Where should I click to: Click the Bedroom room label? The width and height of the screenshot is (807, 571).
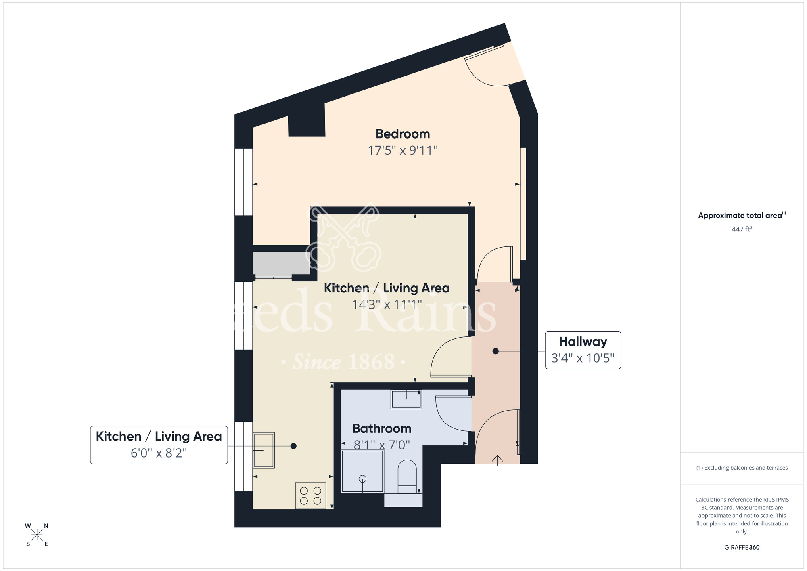click(402, 134)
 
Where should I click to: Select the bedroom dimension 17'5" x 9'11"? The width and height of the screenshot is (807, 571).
click(402, 151)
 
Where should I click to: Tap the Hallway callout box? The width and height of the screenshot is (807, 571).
click(583, 350)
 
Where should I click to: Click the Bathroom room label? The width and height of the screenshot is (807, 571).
click(382, 428)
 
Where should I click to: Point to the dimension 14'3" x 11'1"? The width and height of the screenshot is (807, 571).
click(387, 304)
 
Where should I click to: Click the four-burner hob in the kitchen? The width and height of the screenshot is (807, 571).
click(310, 495)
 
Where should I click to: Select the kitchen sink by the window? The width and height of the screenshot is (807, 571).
click(263, 450)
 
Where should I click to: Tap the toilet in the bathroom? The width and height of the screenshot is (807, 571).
click(407, 476)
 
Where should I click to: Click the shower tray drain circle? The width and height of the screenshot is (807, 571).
click(362, 479)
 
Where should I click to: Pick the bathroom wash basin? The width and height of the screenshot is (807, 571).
click(406, 399)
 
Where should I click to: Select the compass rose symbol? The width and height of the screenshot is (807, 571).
click(37, 535)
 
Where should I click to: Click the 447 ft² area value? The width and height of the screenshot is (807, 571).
click(742, 229)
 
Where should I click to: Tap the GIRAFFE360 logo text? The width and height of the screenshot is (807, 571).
click(742, 548)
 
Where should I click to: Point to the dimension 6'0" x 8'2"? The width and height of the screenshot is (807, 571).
click(159, 453)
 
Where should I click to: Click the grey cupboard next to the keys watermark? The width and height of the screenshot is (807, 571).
click(281, 263)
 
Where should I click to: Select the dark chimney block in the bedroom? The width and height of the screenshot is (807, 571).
click(307, 121)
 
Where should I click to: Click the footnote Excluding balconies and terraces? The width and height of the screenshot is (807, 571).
click(742, 468)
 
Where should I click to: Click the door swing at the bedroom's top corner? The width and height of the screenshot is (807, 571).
click(486, 69)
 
